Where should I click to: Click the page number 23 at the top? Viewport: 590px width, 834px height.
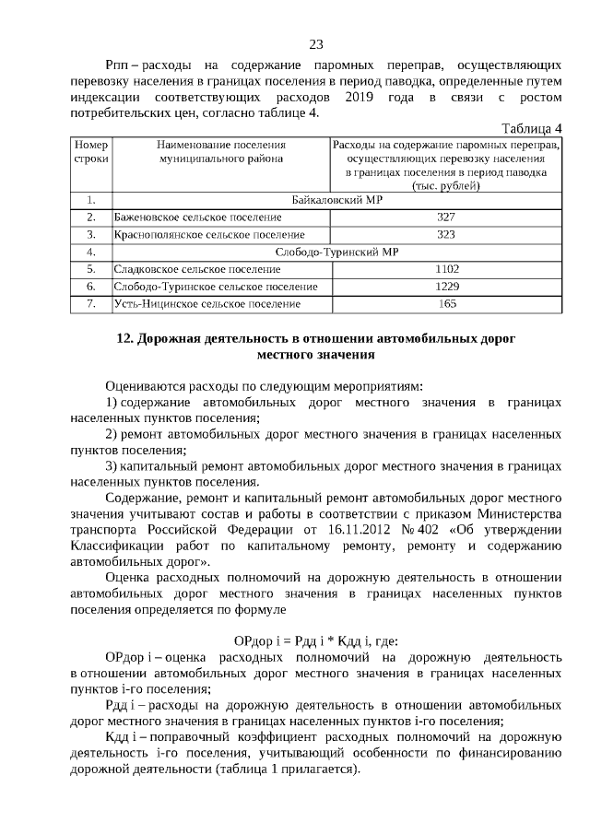[x=315, y=44]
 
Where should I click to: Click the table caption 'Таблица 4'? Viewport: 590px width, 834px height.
[x=531, y=127]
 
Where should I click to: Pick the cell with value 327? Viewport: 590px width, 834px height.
[x=446, y=217]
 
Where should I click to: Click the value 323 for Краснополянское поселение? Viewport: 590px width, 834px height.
[x=446, y=234]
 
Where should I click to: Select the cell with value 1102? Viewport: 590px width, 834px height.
[x=446, y=269]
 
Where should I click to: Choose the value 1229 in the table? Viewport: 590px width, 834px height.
[x=446, y=286]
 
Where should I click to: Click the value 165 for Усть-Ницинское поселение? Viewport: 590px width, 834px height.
[x=447, y=303]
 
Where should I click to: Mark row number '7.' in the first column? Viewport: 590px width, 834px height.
[x=91, y=303]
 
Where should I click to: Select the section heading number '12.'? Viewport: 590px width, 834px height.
[x=127, y=338]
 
